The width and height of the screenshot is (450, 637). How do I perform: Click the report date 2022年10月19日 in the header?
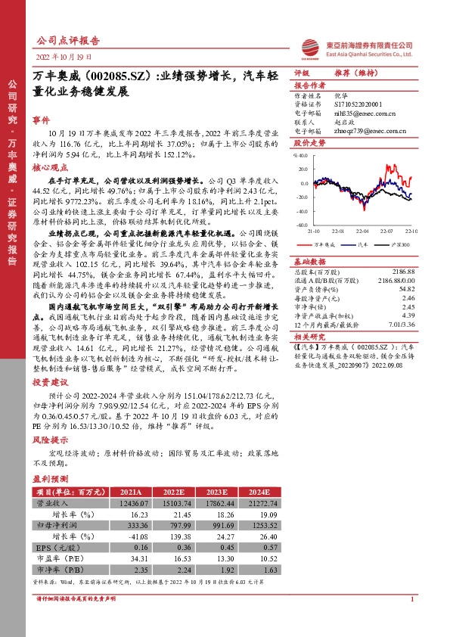click(x=64, y=57)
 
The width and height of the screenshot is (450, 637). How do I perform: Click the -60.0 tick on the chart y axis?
click(x=301, y=225)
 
